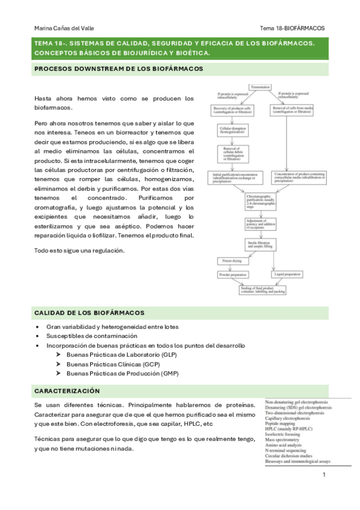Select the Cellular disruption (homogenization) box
pyautogui.click(x=234, y=130)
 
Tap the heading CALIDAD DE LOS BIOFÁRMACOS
pyautogui.click(x=89, y=313)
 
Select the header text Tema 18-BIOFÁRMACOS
pyautogui.click(x=292, y=28)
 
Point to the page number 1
pyautogui.click(x=323, y=476)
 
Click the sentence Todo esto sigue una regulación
pyautogui.click(x=79, y=250)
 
